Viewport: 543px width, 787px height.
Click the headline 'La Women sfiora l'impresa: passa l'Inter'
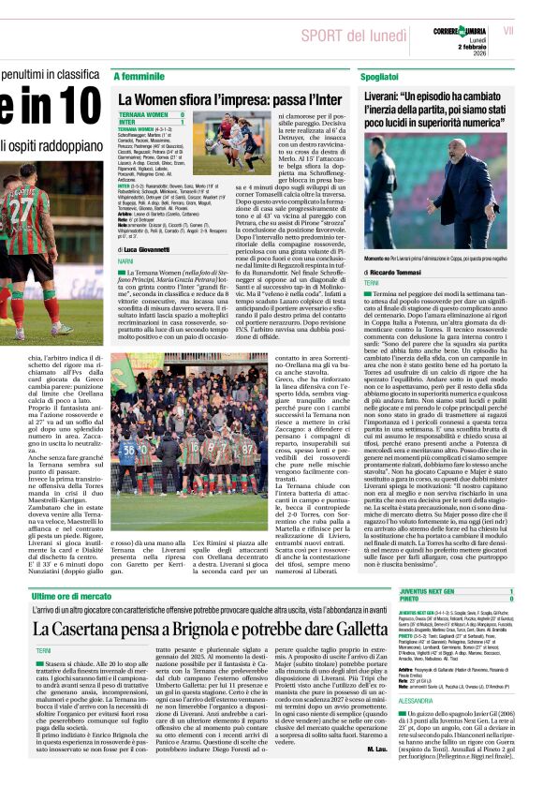coord(228,97)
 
